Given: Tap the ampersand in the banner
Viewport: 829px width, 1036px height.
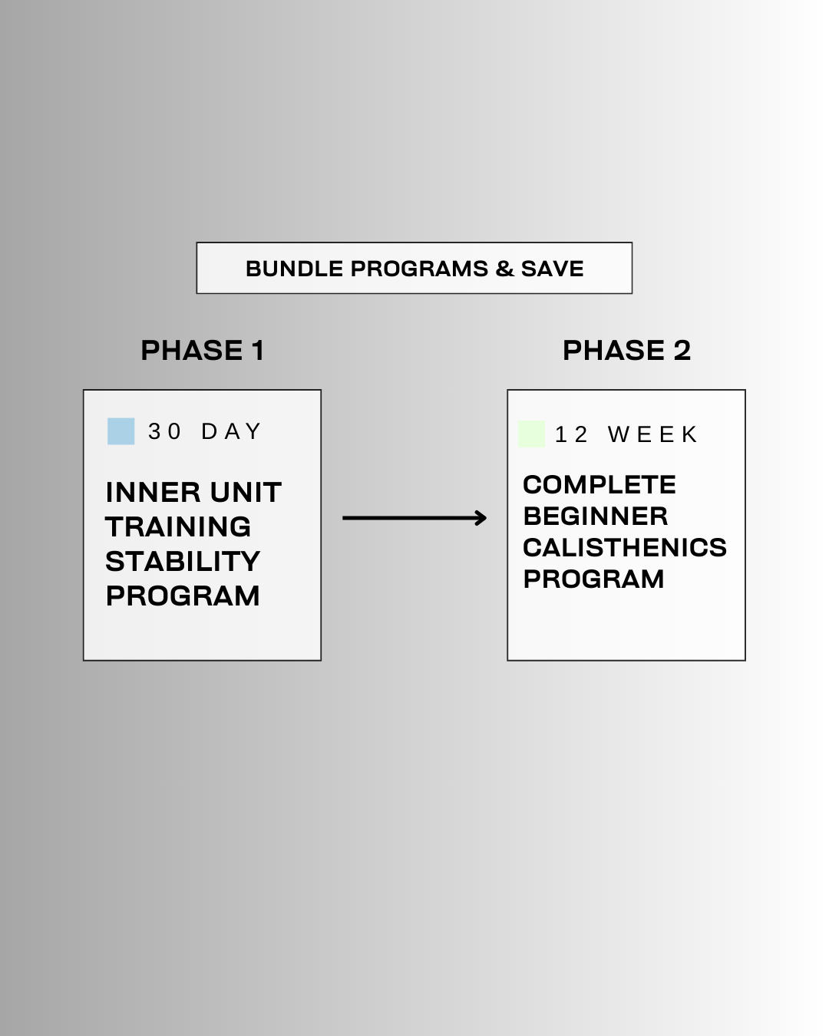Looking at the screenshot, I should (x=504, y=269).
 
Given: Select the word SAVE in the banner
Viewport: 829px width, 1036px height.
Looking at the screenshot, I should (x=552, y=269).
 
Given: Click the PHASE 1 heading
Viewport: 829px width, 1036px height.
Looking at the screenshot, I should (x=203, y=351).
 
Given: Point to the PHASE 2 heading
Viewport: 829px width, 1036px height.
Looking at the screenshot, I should (x=626, y=351).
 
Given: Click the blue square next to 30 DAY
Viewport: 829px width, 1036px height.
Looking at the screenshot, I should (x=121, y=431).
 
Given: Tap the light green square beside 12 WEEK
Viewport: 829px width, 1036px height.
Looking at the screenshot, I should (x=531, y=434).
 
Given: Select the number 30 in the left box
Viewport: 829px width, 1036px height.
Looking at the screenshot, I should (x=164, y=431).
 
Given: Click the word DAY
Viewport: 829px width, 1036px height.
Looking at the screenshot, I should (x=232, y=431).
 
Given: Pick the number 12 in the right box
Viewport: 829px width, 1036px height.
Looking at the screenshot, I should (x=571, y=435).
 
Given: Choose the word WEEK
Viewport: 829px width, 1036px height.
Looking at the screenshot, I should (x=653, y=435).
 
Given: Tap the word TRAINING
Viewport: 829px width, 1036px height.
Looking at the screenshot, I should (x=178, y=527).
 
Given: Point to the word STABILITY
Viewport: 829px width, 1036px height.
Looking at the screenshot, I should (x=183, y=562).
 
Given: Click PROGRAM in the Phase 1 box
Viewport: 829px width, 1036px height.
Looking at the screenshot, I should (x=183, y=596).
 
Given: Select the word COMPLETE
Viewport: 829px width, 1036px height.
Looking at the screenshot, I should (x=599, y=485).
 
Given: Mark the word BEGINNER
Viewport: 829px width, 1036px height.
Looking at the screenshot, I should (x=595, y=516).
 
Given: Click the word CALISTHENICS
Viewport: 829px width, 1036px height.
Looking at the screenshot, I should (x=624, y=548).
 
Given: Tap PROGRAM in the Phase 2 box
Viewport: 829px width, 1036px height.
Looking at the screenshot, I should (x=593, y=579).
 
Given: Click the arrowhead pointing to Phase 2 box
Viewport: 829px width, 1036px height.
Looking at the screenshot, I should (x=481, y=519).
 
